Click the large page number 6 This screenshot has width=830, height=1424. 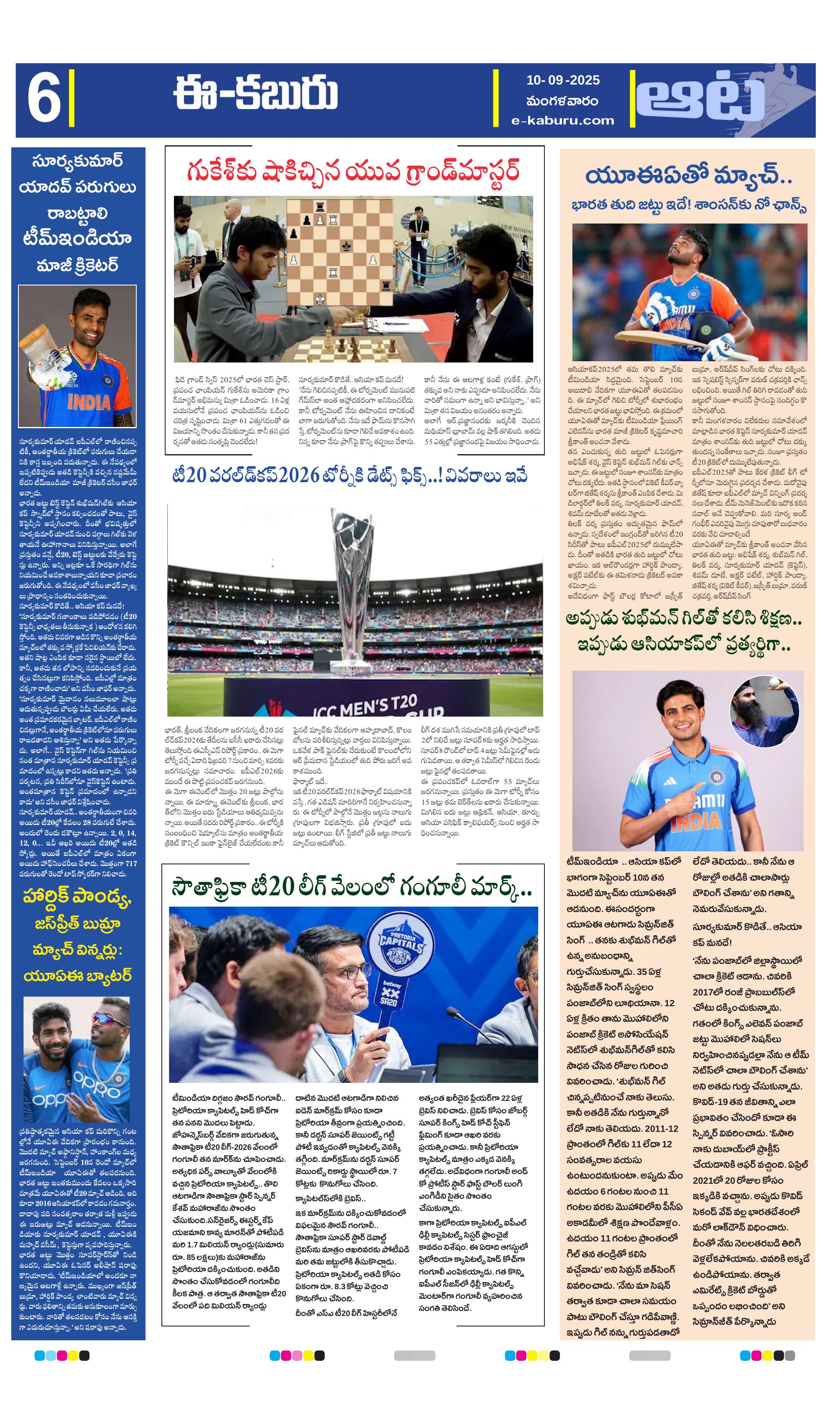click(x=44, y=100)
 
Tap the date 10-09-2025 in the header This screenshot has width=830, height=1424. click(x=562, y=80)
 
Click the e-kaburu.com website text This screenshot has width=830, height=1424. click(x=562, y=121)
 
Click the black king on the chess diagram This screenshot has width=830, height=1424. click(x=346, y=245)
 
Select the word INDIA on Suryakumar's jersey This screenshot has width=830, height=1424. click(x=89, y=402)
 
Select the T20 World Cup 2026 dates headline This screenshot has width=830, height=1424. click(x=350, y=476)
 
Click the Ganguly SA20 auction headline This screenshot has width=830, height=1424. click(x=351, y=888)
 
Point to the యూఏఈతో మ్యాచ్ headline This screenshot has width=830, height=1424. click(x=688, y=176)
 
